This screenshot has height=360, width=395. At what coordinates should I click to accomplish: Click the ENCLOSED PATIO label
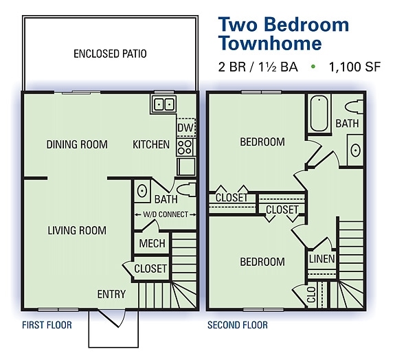point(110,53)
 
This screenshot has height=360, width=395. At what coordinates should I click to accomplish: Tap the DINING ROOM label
point(77,144)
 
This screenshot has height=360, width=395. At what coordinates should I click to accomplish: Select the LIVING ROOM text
point(77,230)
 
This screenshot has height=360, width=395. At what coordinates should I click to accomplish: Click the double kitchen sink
point(163,104)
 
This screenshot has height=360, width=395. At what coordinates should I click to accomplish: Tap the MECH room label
point(150,244)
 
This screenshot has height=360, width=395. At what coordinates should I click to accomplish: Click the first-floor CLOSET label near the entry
point(150,269)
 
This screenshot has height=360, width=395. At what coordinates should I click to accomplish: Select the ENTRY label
point(111,294)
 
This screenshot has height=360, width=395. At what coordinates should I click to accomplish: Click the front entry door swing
point(110,319)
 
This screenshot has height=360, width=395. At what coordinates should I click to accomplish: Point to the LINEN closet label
point(321,259)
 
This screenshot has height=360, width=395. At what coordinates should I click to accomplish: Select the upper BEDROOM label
point(262,142)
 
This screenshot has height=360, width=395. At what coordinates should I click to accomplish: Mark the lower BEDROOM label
point(262,262)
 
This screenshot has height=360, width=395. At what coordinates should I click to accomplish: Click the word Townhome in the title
point(269,43)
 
